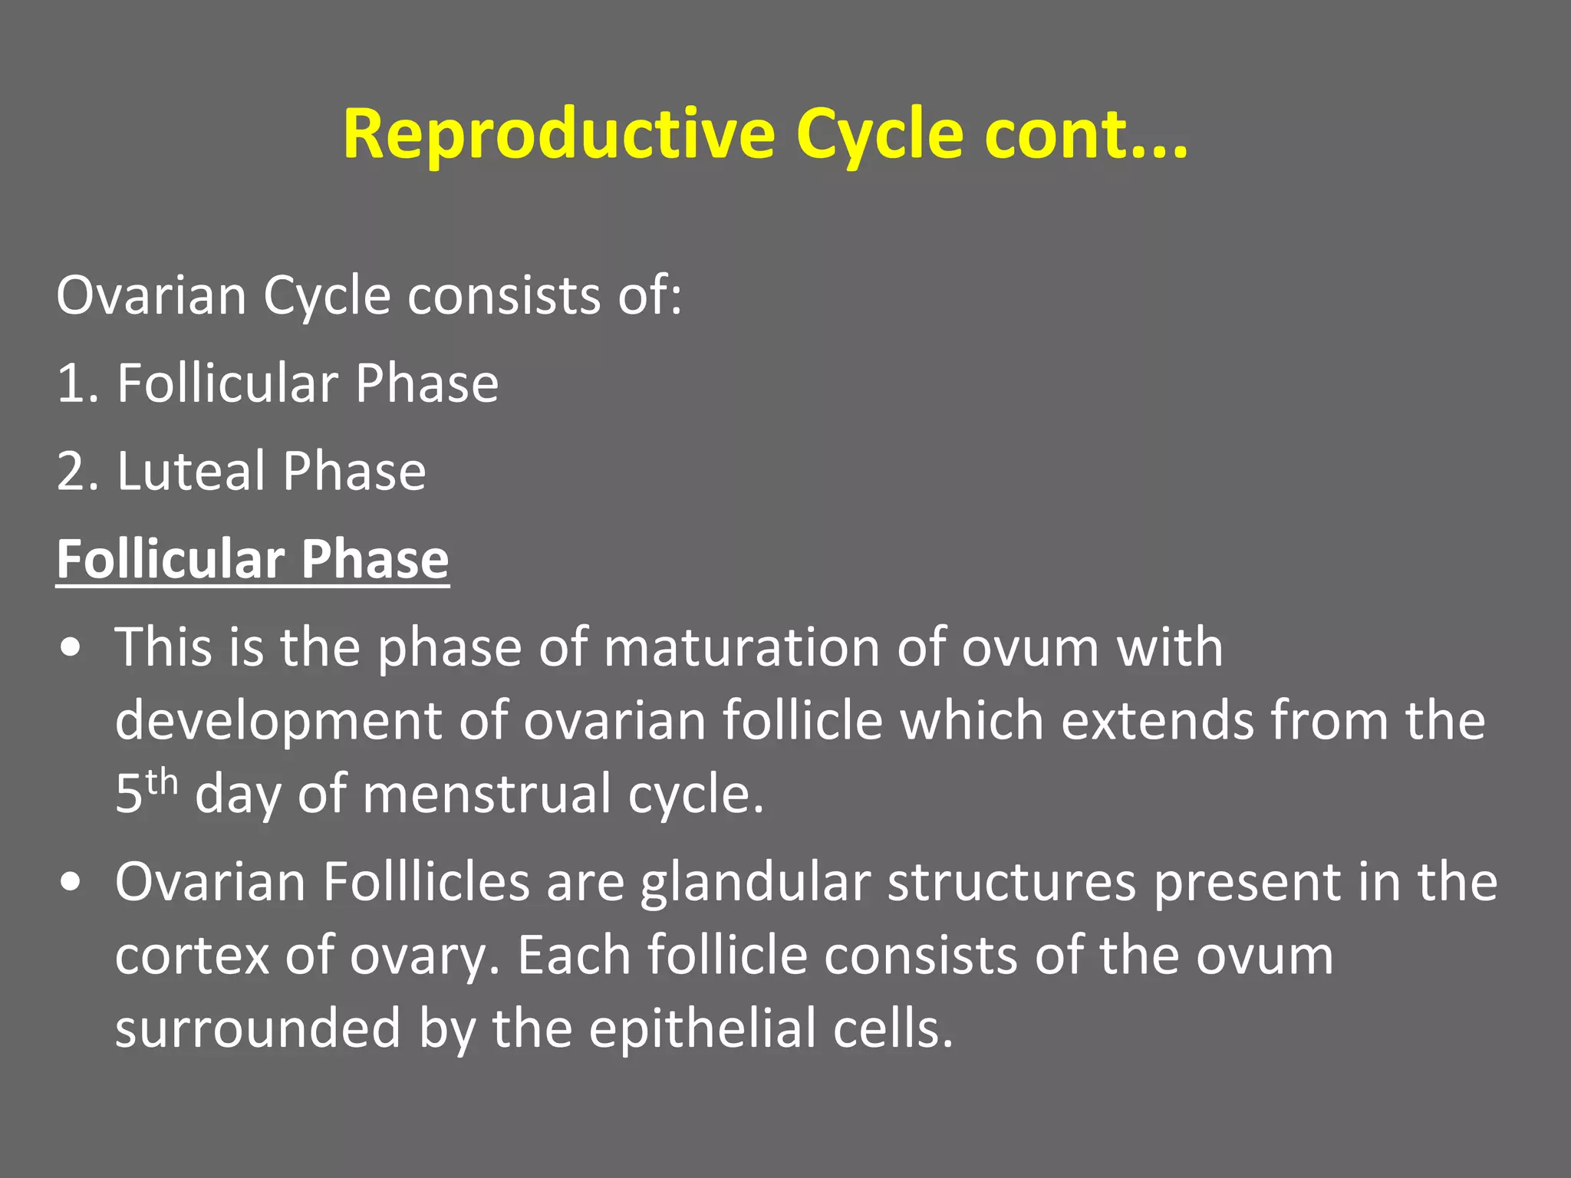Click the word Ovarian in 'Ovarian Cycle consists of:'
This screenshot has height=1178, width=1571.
151,296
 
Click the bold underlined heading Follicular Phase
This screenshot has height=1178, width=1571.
252,559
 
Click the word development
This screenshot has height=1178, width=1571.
278,722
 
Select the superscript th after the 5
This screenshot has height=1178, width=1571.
162,782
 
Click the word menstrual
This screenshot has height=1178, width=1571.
486,795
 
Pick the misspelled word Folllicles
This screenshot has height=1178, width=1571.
426,883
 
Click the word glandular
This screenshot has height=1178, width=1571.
755,883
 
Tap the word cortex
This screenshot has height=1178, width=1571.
191,956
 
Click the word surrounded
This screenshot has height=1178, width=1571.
258,1029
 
